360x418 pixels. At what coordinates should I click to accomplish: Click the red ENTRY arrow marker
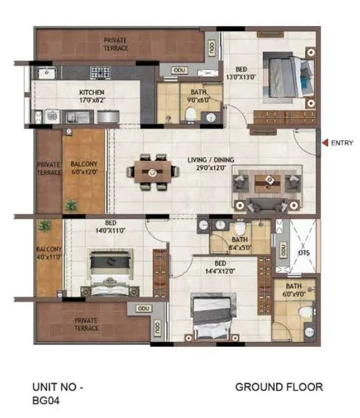point(325,143)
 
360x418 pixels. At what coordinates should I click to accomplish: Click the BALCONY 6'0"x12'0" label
point(83,167)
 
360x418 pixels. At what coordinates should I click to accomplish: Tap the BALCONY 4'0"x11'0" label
point(48,253)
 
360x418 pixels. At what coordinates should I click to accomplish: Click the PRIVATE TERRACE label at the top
point(116,44)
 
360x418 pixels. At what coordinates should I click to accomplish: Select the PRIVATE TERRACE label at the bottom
point(86,324)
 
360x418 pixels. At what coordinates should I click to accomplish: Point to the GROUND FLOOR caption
point(279,386)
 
